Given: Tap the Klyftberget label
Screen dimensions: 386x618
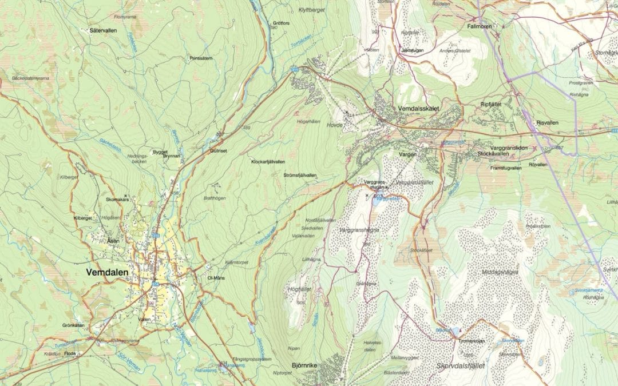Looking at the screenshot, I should [311, 10].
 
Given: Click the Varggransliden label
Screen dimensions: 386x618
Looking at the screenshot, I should [505, 148].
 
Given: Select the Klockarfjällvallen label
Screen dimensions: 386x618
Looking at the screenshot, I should [268, 162].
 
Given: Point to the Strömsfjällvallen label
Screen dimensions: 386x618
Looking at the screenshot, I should [299, 176].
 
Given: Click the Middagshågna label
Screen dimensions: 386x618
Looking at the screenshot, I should [500, 272].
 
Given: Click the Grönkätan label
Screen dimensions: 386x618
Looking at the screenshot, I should [73, 325].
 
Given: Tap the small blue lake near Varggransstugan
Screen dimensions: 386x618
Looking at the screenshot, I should [378, 200].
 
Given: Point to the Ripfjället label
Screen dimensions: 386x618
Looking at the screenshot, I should [492, 105].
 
